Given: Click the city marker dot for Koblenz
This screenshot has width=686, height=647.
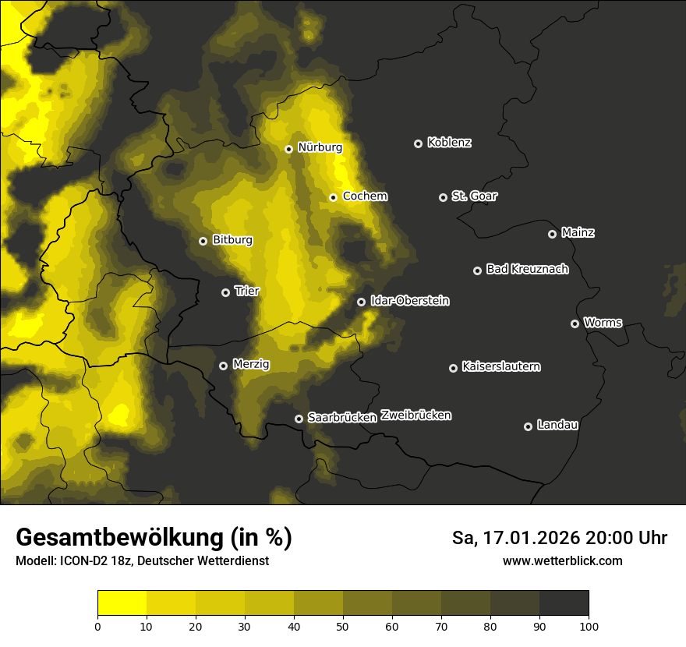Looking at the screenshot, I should [418, 143].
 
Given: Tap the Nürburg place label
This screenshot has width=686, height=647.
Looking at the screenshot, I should [320, 147].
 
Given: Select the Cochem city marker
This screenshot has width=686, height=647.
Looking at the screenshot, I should [333, 197].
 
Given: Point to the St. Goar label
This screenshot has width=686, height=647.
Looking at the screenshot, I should [474, 196].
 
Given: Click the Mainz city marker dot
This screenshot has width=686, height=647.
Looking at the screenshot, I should [552, 234].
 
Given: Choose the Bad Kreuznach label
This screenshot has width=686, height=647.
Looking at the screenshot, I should [527, 270].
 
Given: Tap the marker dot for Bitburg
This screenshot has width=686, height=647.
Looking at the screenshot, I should [203, 241].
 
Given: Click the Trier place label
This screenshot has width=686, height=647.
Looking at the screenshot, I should [247, 292].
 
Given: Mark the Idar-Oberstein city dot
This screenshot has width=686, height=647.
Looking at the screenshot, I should [361, 302].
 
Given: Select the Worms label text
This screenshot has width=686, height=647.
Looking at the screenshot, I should [603, 323].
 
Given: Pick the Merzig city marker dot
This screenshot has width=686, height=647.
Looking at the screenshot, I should [223, 366].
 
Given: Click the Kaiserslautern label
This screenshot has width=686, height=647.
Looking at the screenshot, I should [500, 367].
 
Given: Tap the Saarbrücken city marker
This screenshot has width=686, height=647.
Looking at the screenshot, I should [299, 419].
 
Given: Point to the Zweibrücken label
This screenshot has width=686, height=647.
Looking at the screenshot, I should [415, 415].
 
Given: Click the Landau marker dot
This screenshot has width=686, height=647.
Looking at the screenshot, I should [528, 426].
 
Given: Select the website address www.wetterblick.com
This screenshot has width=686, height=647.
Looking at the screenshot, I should [563, 561].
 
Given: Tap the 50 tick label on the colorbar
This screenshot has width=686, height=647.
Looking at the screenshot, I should [343, 626].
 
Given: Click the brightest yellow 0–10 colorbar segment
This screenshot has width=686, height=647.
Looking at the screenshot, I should [122, 603].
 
